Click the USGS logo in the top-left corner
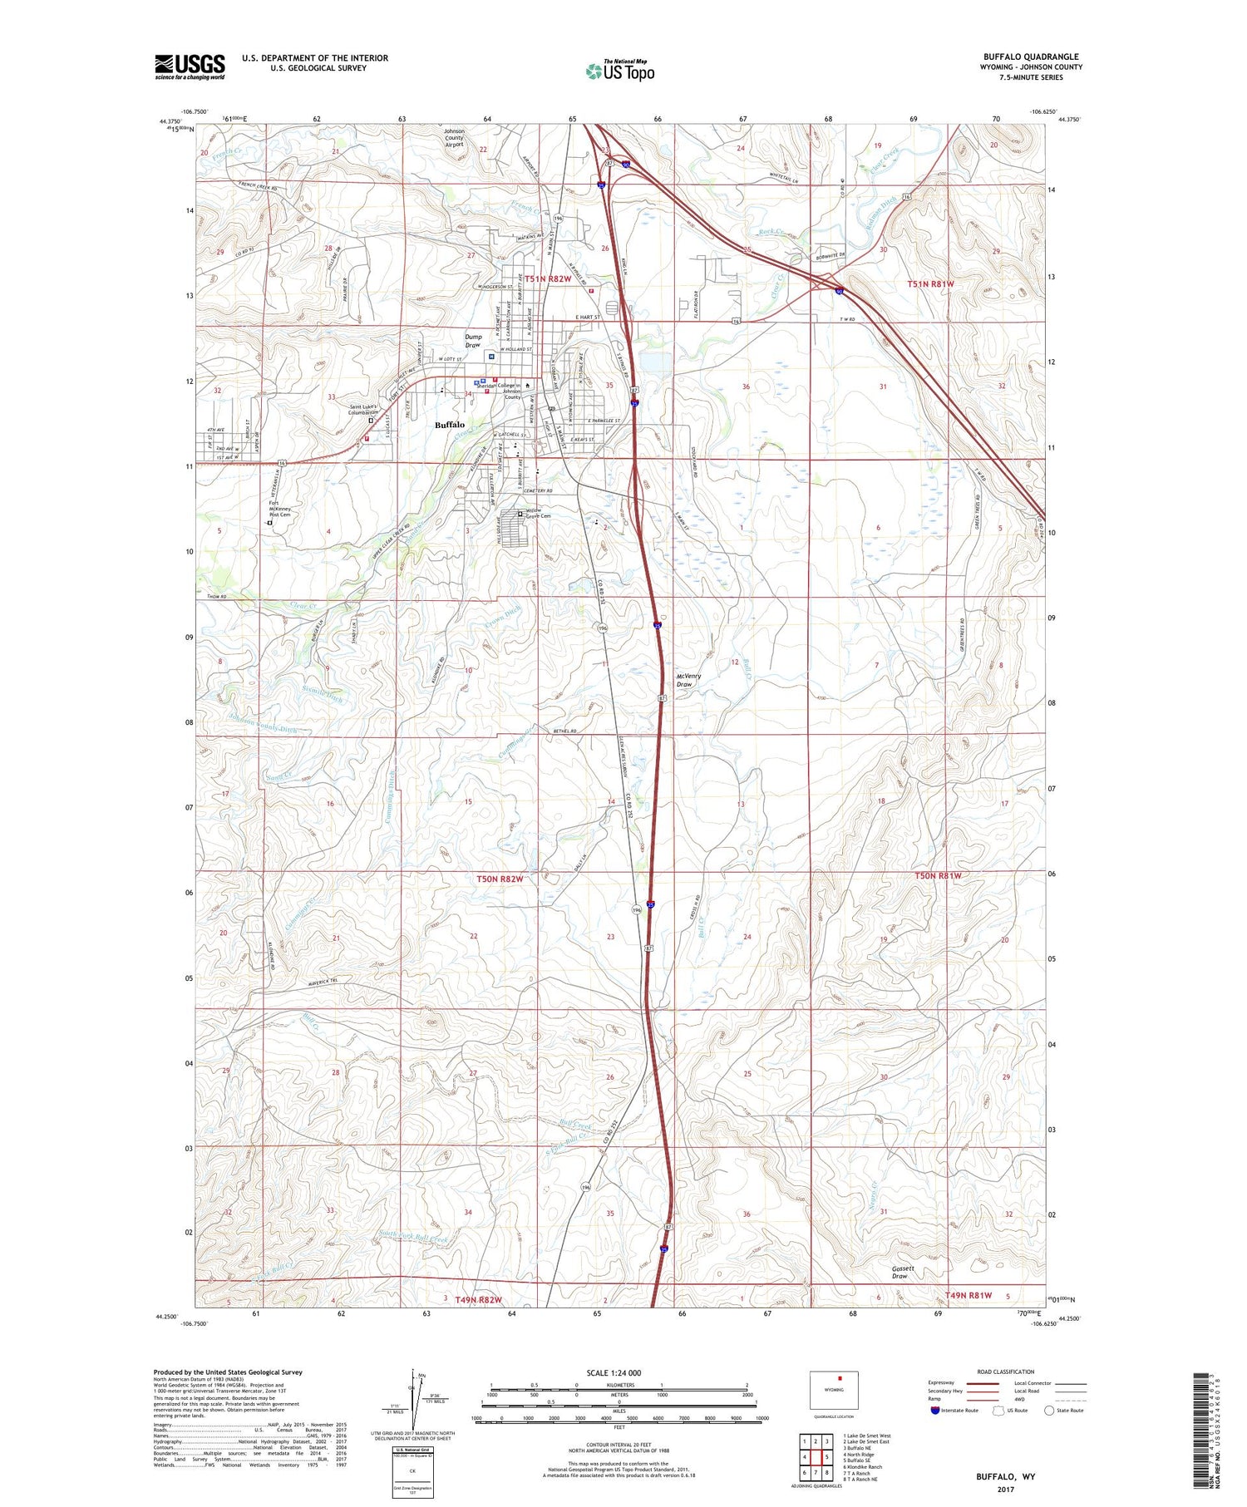click(190, 66)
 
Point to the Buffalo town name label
click(450, 425)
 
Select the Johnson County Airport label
click(454, 137)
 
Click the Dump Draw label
click(473, 341)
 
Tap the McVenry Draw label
click(688, 680)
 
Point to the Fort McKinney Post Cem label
click(279, 509)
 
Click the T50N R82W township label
click(500, 879)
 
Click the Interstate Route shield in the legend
click(935, 1410)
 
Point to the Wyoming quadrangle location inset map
click(834, 1390)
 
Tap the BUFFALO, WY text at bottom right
click(1005, 1476)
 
